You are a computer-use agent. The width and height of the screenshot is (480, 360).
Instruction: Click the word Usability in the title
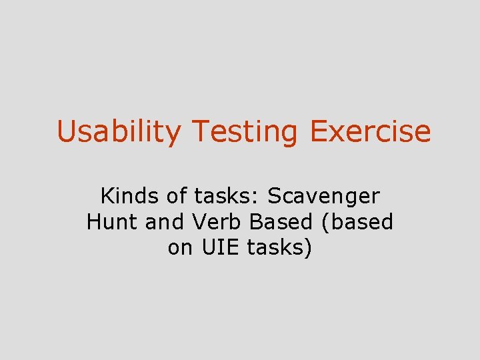point(118,131)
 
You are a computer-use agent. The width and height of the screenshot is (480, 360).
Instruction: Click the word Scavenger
point(323,196)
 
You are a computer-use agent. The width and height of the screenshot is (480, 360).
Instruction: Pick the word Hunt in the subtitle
point(112,221)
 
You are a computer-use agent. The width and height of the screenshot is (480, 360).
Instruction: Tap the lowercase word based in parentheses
point(361,221)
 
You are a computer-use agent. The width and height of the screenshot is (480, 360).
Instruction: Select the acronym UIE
point(219,247)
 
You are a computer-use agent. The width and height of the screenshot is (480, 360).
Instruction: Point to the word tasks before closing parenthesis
point(275,247)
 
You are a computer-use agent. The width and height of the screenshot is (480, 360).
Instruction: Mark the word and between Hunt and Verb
point(164,221)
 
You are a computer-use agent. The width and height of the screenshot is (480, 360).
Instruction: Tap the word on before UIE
point(180,247)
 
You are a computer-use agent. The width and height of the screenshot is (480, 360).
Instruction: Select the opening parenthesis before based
point(324,222)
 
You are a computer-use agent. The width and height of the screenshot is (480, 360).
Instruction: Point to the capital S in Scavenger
point(273,196)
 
